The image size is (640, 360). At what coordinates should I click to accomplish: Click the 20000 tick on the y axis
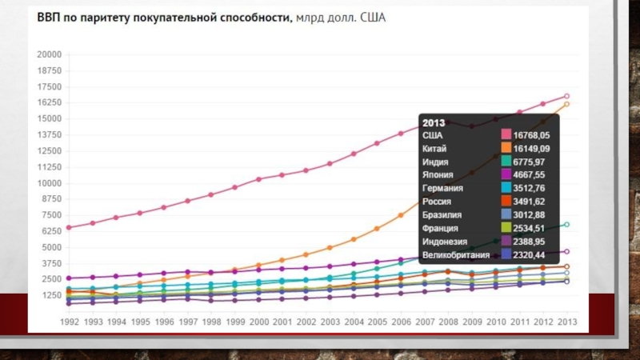coord(50,54)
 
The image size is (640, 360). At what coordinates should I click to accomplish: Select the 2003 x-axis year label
coord(330,322)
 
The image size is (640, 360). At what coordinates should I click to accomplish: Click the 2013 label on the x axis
coord(566,322)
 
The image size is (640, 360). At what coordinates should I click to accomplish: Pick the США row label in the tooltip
coord(433,136)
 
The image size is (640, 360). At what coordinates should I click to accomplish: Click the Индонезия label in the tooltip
coord(444,241)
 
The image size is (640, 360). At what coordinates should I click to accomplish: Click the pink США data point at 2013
coord(566,96)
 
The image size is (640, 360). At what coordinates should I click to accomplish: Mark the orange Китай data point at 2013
coord(566,104)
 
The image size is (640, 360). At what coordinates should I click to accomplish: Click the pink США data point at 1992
coord(69,227)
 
